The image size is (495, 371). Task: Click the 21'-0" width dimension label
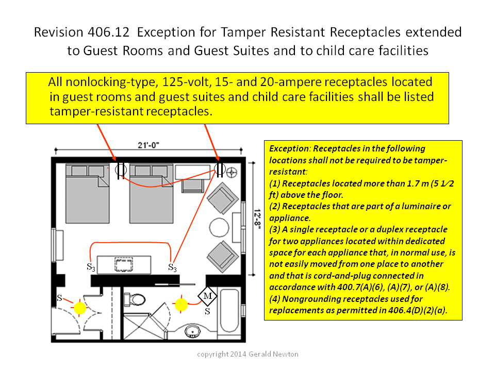(148, 145)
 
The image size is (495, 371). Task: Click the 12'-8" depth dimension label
(258, 218)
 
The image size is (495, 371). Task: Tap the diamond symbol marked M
(207, 296)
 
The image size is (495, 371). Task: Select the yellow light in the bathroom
(181, 305)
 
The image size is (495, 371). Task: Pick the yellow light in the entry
(79, 308)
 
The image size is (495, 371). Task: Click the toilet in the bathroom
(135, 299)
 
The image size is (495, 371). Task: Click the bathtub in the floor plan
(229, 311)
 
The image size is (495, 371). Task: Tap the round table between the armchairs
(219, 227)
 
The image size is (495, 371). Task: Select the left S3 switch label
(91, 267)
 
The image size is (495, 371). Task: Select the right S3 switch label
(172, 268)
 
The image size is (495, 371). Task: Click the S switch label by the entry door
(59, 298)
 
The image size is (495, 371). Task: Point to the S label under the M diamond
(207, 311)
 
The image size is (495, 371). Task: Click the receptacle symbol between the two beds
(121, 171)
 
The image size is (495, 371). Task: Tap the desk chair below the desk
(192, 185)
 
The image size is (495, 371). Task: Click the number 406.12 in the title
(109, 32)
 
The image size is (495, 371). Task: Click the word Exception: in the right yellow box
(290, 148)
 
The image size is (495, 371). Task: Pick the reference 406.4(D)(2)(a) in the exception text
(417, 310)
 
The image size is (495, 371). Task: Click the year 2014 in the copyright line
(238, 355)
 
